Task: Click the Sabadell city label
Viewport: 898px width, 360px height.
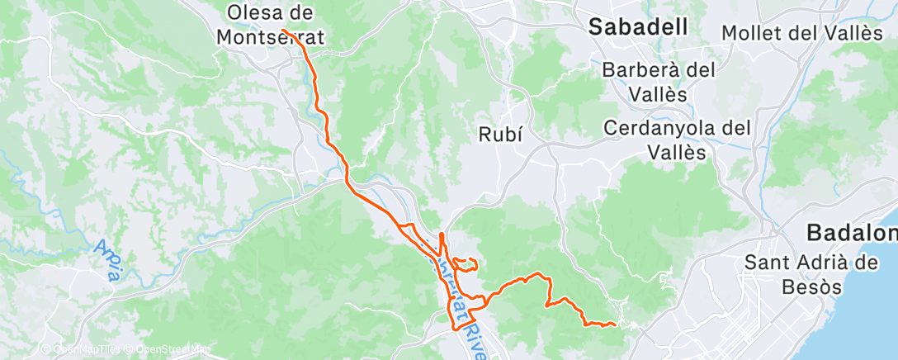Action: coord(638,26)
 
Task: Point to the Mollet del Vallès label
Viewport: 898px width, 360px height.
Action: coord(801,33)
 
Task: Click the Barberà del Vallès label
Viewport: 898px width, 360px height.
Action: coord(658,82)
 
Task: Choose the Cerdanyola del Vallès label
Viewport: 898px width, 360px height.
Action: coord(677,140)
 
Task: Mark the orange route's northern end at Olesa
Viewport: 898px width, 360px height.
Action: coord(282,31)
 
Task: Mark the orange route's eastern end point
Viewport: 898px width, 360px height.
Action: coord(616,324)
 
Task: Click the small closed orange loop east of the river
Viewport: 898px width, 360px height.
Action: coord(467,264)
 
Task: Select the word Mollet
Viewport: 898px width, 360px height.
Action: coord(752,33)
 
